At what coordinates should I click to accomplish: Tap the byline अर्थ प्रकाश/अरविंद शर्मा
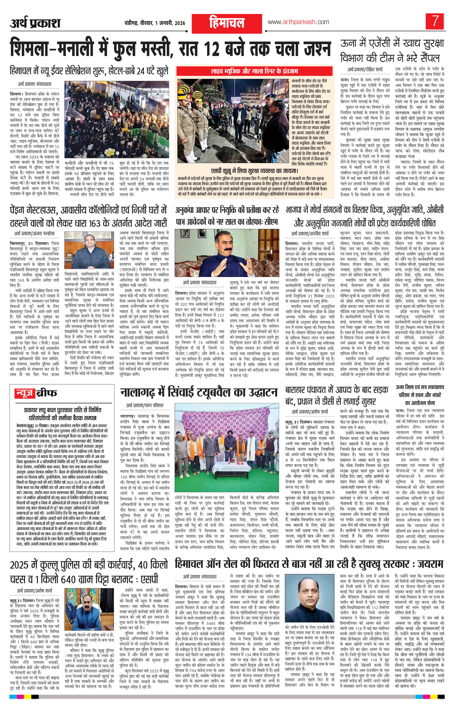pyautogui.click(x=310, y=234)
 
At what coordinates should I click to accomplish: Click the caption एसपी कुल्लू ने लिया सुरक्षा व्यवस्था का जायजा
pyautogui.click(x=255, y=171)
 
